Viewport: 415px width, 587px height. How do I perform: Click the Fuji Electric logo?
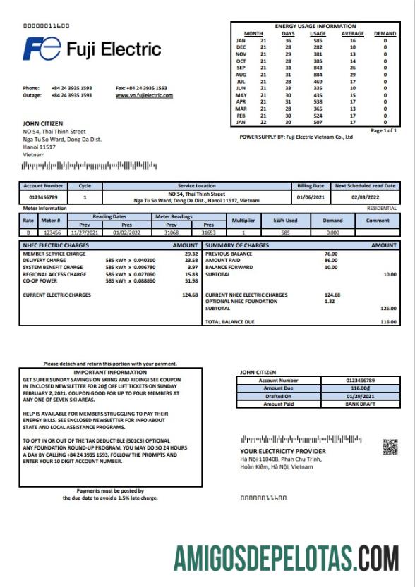pyautogui.click(x=92, y=49)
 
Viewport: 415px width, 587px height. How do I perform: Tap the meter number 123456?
pyautogui.click(x=52, y=231)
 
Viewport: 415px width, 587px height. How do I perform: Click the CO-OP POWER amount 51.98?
pyautogui.click(x=191, y=280)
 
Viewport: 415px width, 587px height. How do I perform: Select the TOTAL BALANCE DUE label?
pyautogui.click(x=231, y=322)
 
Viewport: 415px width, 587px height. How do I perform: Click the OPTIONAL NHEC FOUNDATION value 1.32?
pyautogui.click(x=329, y=302)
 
